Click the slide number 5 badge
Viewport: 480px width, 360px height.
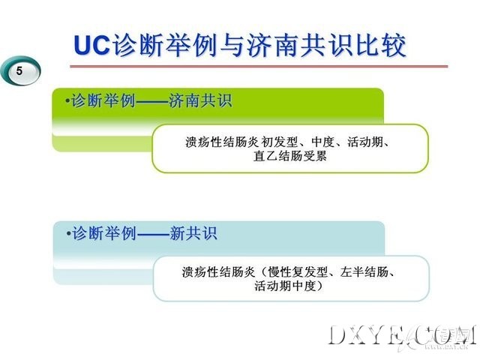coord(20,71)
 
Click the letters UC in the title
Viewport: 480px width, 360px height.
coord(92,45)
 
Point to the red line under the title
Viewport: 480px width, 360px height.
coord(259,66)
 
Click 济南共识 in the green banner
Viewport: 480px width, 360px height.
coord(200,100)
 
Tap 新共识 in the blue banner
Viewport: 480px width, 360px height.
coord(193,233)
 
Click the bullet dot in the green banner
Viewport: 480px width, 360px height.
coord(67,100)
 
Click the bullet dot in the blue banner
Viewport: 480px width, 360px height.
coord(68,233)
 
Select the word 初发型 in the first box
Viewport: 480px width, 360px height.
coord(280,142)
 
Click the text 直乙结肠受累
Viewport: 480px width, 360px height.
coord(290,156)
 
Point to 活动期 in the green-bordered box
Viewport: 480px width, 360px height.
coord(365,142)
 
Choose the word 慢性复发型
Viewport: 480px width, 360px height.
coord(298,271)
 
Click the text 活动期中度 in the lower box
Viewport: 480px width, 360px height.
coord(285,286)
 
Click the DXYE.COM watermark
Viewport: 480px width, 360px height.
coord(402,335)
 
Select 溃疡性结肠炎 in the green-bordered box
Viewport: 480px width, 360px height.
coord(223,142)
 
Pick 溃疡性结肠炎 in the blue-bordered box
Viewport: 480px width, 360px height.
coord(218,271)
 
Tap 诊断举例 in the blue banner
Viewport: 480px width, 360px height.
coord(104,233)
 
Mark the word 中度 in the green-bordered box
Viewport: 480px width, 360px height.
coord(322,142)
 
